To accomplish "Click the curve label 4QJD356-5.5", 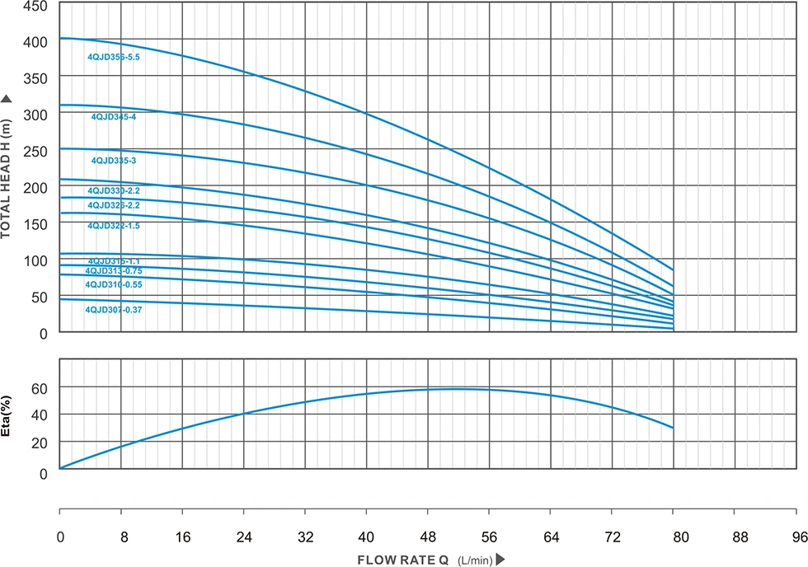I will click(115, 58).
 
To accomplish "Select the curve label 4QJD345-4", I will click(114, 117).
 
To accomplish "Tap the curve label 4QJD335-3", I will click(114, 161).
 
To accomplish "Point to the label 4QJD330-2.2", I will click(114, 191).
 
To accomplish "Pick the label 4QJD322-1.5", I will click(114, 226).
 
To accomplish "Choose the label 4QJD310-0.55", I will click(114, 284).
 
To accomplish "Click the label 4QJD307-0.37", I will click(114, 310).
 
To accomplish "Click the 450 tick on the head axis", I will click(35, 5).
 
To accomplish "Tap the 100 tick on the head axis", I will click(35, 260).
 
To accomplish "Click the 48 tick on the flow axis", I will click(428, 537).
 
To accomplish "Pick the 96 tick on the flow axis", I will click(796, 537).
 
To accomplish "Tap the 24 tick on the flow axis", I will click(244, 537).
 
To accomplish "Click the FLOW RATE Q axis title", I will click(402, 560).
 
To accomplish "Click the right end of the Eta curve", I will click(674, 428).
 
